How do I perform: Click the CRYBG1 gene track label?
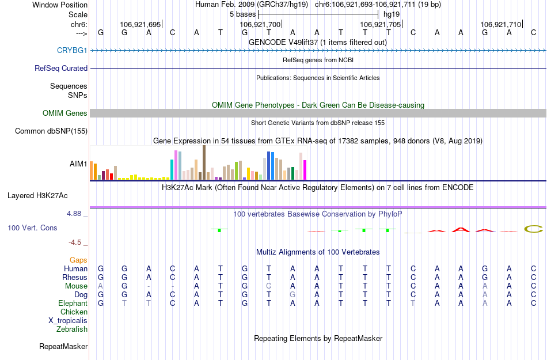point(72,50)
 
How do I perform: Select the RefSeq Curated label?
point(61,68)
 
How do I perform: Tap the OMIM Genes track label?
point(64,113)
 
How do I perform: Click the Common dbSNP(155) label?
point(51,131)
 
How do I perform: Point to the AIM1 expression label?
point(78,164)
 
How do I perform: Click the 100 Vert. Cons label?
point(32,228)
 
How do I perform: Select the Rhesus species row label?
point(75,277)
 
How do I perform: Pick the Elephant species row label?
point(73,303)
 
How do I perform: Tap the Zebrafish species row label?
point(72,329)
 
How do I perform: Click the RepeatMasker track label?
point(63,346)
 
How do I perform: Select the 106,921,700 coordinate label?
point(260,24)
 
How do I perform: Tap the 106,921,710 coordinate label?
point(500,24)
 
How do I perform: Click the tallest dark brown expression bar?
point(204,162)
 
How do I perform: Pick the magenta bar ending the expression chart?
point(305,169)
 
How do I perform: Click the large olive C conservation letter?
point(534,229)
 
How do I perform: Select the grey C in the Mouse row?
point(268,286)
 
